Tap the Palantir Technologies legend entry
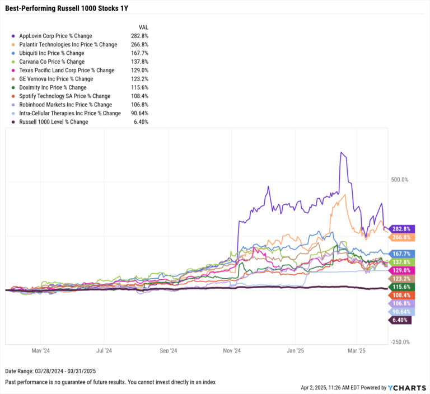tap(68, 44)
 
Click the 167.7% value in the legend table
tap(139, 53)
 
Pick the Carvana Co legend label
tap(52, 62)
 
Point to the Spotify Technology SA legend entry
tap(65, 96)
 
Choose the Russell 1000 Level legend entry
tap(53, 122)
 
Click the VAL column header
tap(143, 27)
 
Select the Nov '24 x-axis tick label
tap(231, 351)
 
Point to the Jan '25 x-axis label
tap(296, 351)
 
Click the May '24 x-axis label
tap(41, 351)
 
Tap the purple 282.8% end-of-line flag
tap(401, 229)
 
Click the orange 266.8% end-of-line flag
tap(401, 237)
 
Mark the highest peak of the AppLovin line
tap(340, 152)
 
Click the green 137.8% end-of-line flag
tap(401, 262)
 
